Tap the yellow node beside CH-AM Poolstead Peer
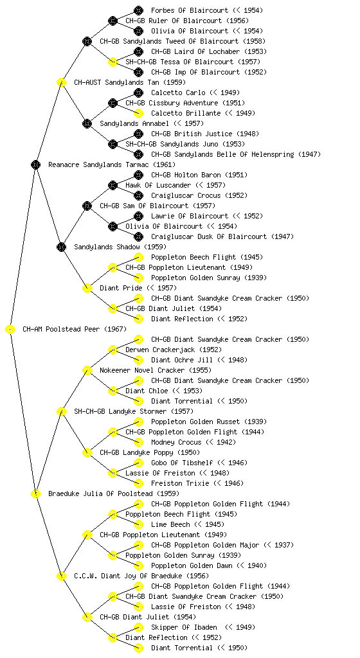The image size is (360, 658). [10, 329]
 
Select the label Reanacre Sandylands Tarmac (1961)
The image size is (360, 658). [112, 164]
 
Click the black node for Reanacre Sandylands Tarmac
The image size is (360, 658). [35, 164]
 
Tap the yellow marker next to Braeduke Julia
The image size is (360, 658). [35, 493]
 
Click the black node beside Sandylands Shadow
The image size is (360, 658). [61, 247]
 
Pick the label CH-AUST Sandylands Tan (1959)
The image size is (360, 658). [130, 82]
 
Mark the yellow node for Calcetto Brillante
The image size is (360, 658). [138, 113]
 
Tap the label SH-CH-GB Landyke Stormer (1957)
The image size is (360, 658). [134, 411]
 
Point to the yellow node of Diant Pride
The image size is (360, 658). [87, 288]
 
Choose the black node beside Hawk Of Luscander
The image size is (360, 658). [113, 185]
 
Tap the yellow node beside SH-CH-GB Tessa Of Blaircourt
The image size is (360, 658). [113, 62]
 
